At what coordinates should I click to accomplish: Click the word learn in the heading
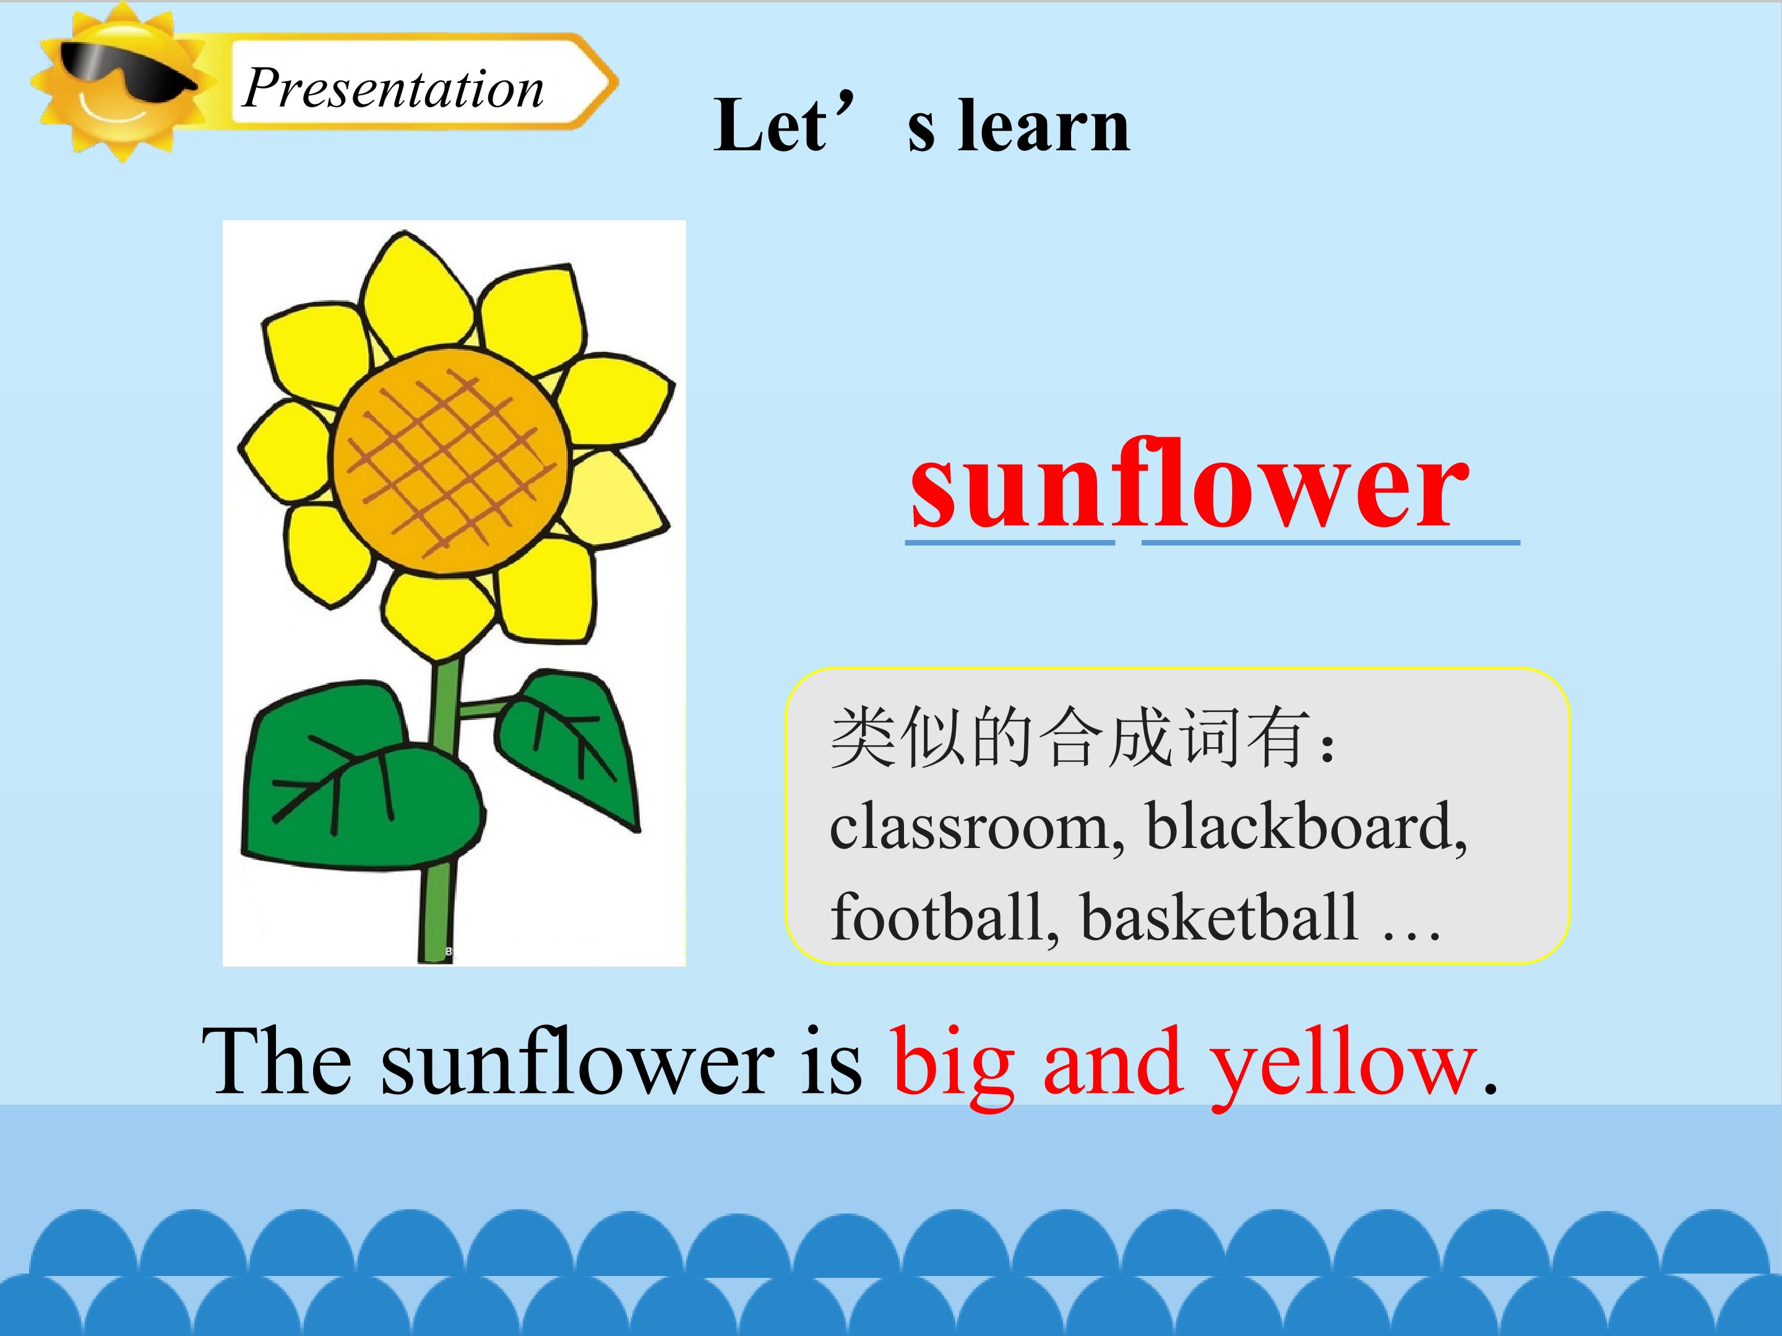1044,126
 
